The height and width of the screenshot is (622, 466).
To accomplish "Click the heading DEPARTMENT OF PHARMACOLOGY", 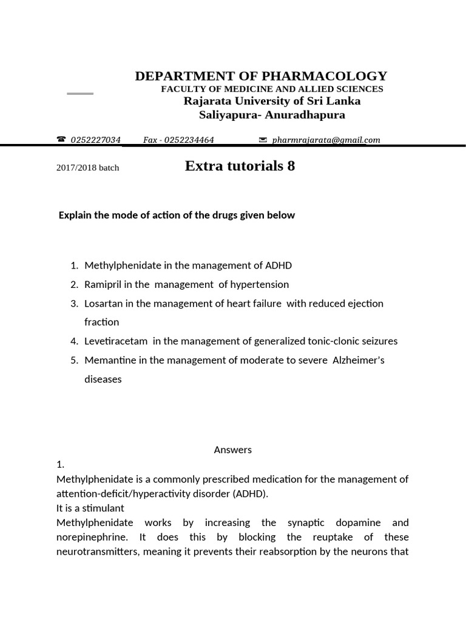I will pyautogui.click(x=261, y=76).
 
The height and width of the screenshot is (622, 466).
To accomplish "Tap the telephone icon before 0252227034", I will pyautogui.click(x=61, y=140).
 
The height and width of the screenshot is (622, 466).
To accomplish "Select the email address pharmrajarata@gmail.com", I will pyautogui.click(x=326, y=140).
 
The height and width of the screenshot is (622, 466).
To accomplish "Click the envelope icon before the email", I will pyautogui.click(x=263, y=140).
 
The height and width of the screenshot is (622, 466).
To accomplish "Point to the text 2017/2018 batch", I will pyautogui.click(x=87, y=168).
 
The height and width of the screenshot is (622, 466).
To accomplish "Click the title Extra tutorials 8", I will pyautogui.click(x=240, y=166).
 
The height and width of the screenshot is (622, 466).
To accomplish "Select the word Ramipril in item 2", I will pyautogui.click(x=101, y=284).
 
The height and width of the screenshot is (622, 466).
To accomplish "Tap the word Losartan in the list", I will pyautogui.click(x=103, y=303).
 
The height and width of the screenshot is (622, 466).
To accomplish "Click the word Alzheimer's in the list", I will pyautogui.click(x=358, y=360).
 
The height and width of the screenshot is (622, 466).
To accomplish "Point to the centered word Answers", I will pyautogui.click(x=232, y=450).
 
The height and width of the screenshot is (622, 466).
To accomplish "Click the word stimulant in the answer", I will pyautogui.click(x=103, y=508).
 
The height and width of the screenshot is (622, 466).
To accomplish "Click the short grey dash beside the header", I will pyautogui.click(x=80, y=94).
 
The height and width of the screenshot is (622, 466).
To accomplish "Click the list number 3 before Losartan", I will pyautogui.click(x=75, y=303).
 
